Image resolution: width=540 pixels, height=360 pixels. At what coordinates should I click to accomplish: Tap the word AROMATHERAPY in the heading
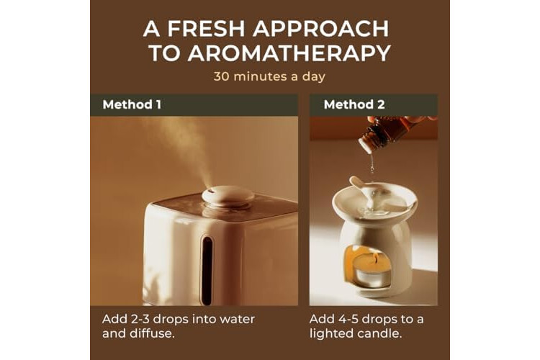coord(289,53)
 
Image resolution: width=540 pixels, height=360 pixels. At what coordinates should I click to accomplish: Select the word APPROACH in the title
coord(321,29)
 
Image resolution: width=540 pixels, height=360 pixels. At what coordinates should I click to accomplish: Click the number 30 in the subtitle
coord(221,76)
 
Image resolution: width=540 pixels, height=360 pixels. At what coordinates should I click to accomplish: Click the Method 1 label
coord(132,104)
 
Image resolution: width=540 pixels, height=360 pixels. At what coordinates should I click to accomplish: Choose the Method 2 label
coord(354,104)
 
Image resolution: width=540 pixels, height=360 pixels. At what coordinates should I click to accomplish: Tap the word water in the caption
coord(238,319)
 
